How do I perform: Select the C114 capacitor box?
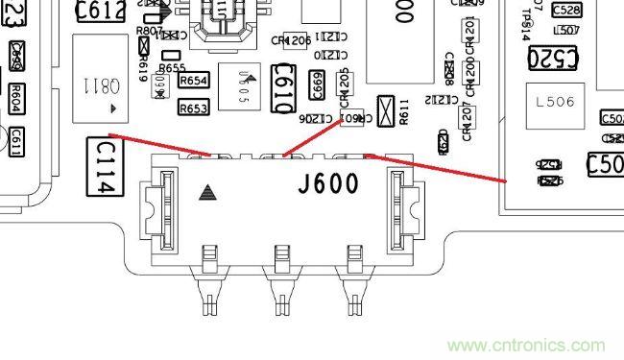tap(104, 167)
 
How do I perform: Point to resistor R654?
tap(194, 81)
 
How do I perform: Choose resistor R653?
tap(194, 108)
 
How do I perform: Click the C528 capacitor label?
tap(567, 11)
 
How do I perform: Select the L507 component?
tap(567, 29)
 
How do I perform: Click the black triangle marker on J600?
tap(205, 193)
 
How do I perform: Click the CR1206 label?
tap(290, 41)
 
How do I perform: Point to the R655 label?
tap(173, 68)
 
